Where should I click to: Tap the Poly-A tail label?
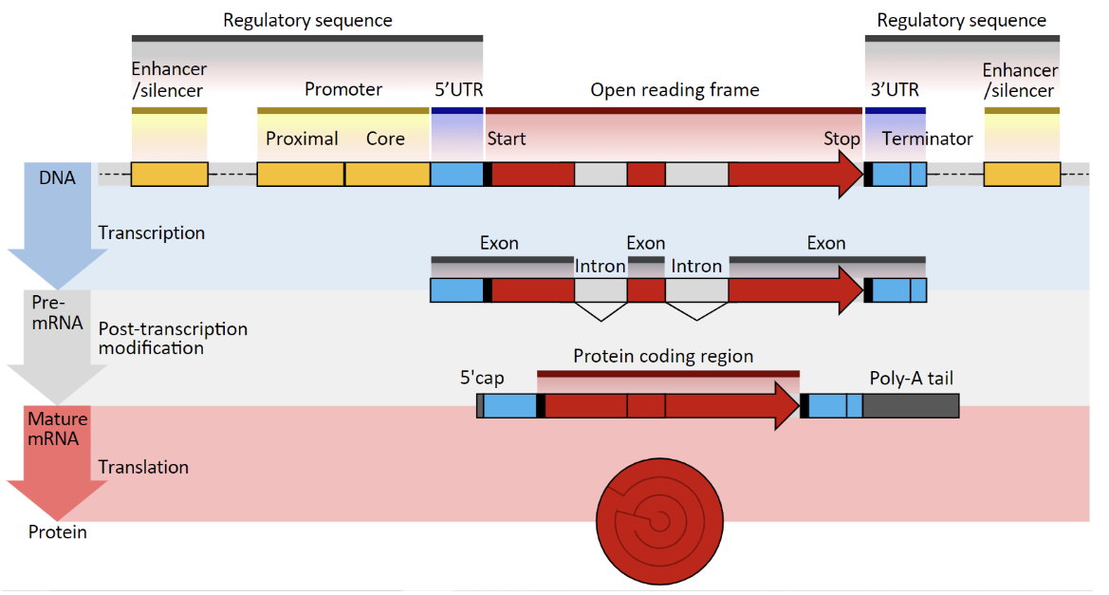coord(911,379)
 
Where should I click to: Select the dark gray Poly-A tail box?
coord(911,406)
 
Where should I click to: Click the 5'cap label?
coord(482,379)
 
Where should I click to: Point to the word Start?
coord(507,139)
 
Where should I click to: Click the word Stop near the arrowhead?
coord(841,139)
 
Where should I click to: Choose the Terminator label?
coord(927,139)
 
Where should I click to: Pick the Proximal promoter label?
coord(302,139)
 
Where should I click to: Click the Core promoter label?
coord(385,139)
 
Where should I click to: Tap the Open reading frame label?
coord(675,90)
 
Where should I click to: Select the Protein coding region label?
coord(663,356)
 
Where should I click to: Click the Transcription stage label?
coord(151,232)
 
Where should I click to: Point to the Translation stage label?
coord(143,467)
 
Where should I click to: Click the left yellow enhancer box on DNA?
coord(169,175)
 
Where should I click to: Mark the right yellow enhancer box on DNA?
coord(1022,175)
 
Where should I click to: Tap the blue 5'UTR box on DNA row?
coord(456,175)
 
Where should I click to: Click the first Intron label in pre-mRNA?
coord(600,266)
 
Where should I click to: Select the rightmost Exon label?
coord(825,243)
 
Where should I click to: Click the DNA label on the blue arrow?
coord(57,177)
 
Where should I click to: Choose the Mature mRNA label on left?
coord(57,429)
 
